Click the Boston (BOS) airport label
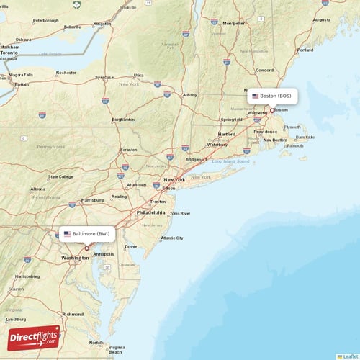(273, 96)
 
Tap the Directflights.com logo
(34, 337)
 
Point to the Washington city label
(75, 257)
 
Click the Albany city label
(189, 94)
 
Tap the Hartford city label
(226, 134)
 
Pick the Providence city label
(266, 132)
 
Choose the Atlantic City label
(173, 238)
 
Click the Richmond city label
(73, 314)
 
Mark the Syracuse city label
(104, 77)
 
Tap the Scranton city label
(129, 150)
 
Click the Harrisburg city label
(93, 199)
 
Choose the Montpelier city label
(233, 22)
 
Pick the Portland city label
(305, 50)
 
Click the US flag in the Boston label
(255, 96)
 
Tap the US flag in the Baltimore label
(67, 234)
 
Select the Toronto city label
(9, 53)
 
